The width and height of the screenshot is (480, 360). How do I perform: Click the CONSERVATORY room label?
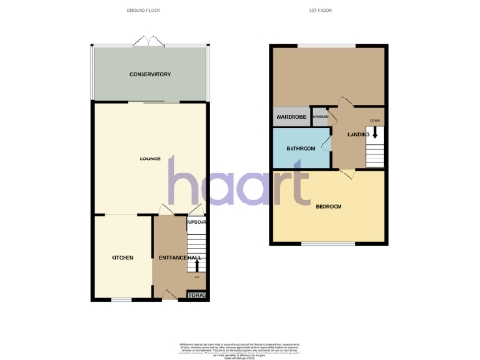(x=150, y=73)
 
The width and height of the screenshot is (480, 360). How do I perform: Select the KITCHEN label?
(x=123, y=257)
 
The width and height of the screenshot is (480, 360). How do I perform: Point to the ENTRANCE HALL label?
(x=181, y=257)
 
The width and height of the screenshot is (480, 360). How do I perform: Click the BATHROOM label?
(x=300, y=149)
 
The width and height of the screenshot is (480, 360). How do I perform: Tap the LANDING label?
(x=358, y=135)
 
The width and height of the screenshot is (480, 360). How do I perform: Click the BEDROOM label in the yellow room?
(x=328, y=206)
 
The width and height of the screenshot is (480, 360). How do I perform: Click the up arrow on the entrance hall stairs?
(x=197, y=265)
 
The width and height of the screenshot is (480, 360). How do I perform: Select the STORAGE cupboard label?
(x=197, y=295)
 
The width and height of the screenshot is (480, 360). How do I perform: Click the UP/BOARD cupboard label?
(x=197, y=222)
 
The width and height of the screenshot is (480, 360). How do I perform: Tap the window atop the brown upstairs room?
(x=327, y=44)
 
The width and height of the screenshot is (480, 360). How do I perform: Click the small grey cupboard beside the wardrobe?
(x=320, y=118)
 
